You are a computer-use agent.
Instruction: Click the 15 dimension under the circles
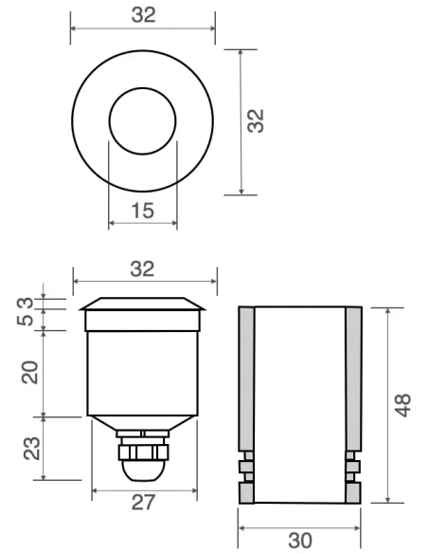[142, 211]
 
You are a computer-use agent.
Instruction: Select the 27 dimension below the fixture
[143, 503]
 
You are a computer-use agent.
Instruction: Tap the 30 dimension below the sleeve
[299, 540]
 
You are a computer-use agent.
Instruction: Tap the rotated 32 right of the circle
[256, 121]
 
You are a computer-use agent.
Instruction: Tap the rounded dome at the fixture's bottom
[143, 470]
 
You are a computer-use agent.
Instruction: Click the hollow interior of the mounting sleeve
[299, 398]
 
